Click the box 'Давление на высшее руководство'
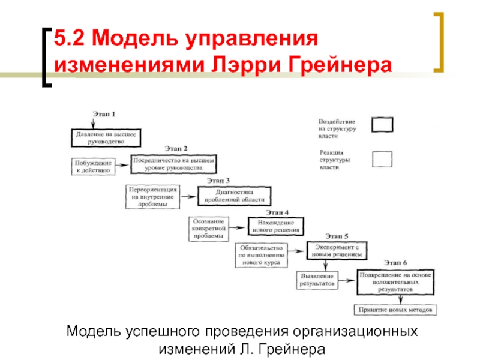[106, 138]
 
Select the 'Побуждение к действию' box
[94, 167]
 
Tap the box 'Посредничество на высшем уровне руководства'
[173, 164]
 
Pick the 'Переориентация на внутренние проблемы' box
[153, 197]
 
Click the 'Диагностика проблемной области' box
[234, 196]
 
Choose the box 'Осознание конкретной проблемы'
[208, 229]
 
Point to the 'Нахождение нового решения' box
[276, 226]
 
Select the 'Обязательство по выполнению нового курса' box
[261, 255]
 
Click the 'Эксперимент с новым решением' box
[337, 251]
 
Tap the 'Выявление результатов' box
[317, 280]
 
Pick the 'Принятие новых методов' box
[395, 310]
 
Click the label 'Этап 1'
[104, 114]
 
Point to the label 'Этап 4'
[277, 212]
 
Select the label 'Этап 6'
[395, 263]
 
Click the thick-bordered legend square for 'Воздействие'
[382, 125]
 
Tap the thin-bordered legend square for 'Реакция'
[382, 159]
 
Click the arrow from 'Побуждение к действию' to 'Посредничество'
[122, 166]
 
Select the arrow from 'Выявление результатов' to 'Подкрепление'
[347, 280]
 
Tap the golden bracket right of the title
[442, 42]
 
